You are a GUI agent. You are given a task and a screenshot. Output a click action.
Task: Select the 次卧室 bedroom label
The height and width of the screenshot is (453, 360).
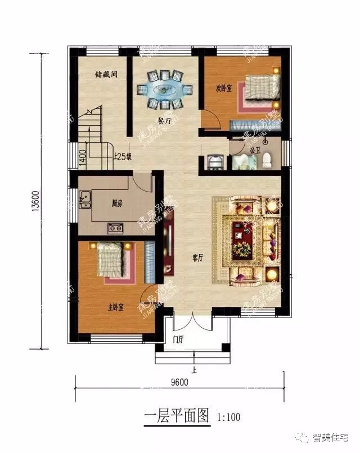coord(225,88)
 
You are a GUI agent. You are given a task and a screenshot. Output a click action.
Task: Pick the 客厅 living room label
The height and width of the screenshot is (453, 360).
coord(197,258)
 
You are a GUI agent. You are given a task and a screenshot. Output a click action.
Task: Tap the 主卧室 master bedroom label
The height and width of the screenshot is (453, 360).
coord(116,307)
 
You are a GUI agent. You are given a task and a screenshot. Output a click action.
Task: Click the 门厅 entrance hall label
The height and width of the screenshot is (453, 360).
coord(179,338)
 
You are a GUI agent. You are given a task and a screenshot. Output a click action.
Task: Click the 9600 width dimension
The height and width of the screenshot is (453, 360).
coord(179,382)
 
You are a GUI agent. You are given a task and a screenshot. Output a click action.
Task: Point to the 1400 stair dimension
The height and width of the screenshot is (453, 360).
coord(83,153)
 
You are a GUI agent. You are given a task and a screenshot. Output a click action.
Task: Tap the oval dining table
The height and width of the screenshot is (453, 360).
coord(165,89)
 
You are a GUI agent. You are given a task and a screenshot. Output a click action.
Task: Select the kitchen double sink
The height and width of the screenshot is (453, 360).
coord(86,198)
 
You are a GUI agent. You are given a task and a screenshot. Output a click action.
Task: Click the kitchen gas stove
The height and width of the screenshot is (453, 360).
coord(116,228)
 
